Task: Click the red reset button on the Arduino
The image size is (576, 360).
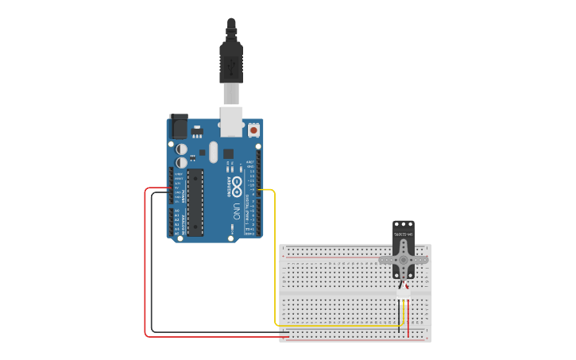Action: tap(253, 130)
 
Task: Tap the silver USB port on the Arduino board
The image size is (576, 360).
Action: tap(231, 120)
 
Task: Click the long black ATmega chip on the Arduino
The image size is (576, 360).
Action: tap(195, 203)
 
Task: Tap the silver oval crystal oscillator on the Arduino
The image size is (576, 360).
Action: tap(213, 151)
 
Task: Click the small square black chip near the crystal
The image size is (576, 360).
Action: tap(228, 153)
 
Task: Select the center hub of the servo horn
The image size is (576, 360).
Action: tap(403, 259)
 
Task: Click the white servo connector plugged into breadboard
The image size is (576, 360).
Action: tap(404, 293)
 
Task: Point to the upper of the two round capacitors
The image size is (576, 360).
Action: tap(182, 149)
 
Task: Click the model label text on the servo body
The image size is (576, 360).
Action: tap(404, 234)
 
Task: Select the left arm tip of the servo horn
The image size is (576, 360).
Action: tap(382, 259)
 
